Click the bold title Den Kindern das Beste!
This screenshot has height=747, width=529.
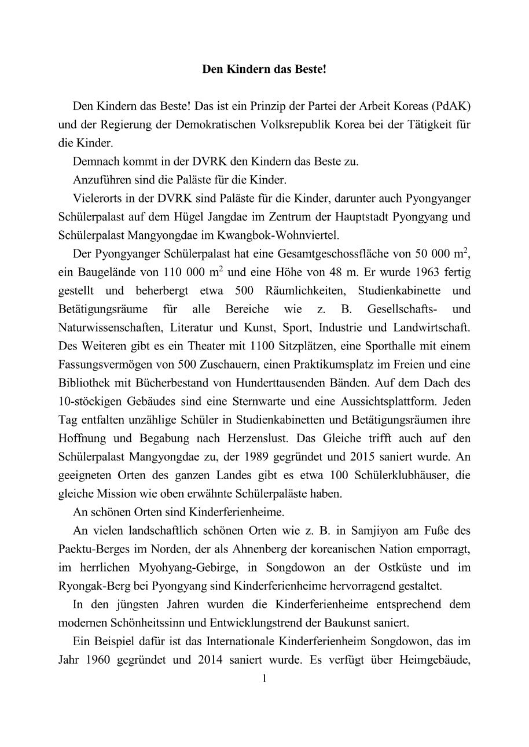tap(264, 69)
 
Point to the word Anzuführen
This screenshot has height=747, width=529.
tap(100, 181)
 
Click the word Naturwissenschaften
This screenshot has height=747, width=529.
tap(111, 327)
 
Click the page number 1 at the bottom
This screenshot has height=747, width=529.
tap(264, 678)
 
